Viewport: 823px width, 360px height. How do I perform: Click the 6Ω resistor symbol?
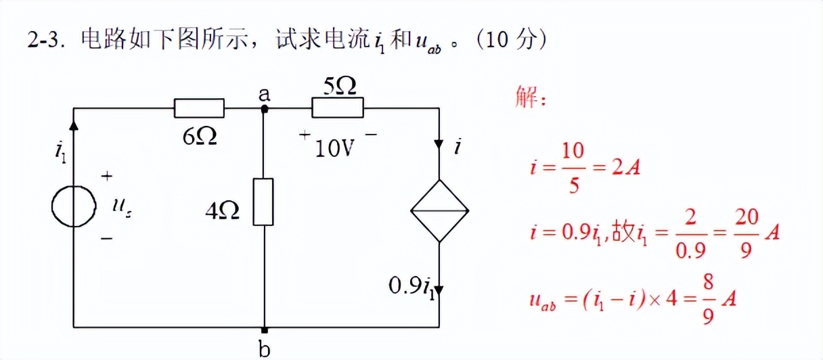pyautogui.click(x=199, y=108)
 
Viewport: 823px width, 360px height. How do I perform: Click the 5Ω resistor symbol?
pyautogui.click(x=337, y=108)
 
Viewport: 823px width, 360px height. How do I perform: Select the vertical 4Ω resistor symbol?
pyautogui.click(x=263, y=202)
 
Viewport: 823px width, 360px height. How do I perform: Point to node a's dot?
pyautogui.click(x=265, y=108)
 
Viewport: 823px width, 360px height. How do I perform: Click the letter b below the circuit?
pyautogui.click(x=265, y=349)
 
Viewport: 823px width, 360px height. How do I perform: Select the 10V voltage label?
pyautogui.click(x=335, y=148)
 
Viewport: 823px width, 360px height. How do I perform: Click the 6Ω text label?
pyautogui.click(x=200, y=137)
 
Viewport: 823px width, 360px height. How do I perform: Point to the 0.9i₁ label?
pyautogui.click(x=411, y=286)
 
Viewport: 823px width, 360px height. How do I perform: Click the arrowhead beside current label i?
pyautogui.click(x=440, y=145)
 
